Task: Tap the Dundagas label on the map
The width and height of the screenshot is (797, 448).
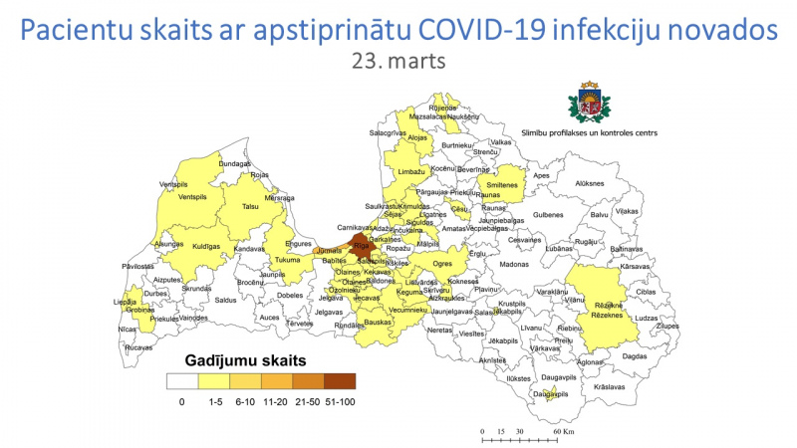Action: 235,163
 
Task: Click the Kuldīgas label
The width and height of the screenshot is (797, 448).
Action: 205,245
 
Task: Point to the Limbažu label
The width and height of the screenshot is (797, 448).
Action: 411,172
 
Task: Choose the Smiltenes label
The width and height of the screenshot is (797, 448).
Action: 502,185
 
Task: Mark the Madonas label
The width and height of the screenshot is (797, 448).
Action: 514,265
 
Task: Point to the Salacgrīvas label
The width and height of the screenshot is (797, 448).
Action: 388,131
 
